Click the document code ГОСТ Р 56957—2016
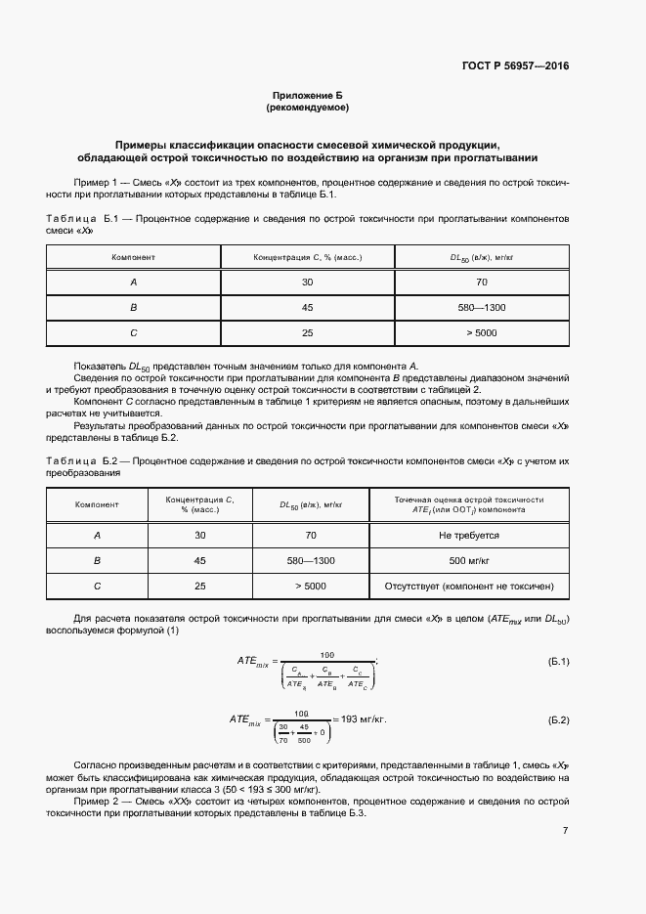[515, 66]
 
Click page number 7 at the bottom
[565, 831]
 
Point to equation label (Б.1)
[558, 662]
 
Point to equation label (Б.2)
[558, 719]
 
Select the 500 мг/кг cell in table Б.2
[468, 561]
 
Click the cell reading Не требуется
[468, 536]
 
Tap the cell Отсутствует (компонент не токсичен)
[468, 587]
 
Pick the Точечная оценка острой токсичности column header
[468, 499]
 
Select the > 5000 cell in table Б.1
[482, 332]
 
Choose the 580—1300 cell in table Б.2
[311, 561]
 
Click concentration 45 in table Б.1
[308, 307]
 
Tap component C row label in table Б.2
[97, 587]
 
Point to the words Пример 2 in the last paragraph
[95, 801]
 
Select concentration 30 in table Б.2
[200, 536]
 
